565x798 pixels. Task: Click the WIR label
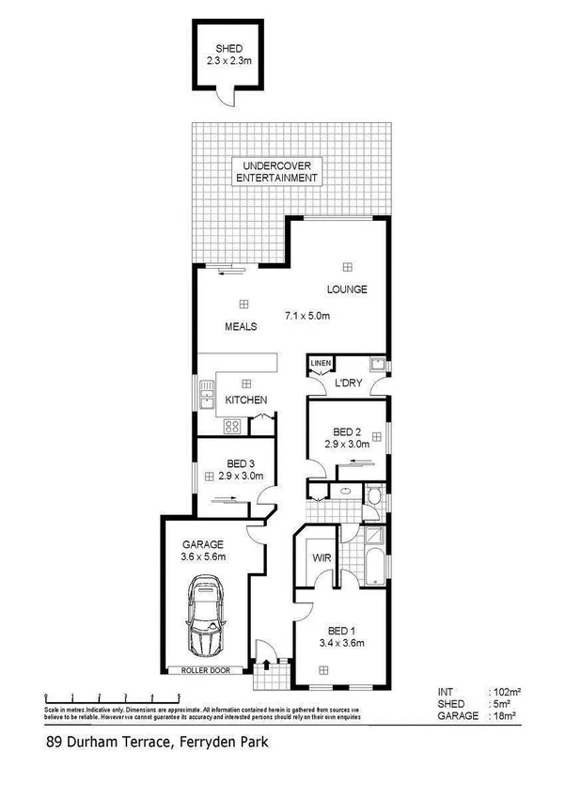pos(319,557)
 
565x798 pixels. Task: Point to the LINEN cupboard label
pos(321,363)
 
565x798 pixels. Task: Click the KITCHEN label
pos(246,400)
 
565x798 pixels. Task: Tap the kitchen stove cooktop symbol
pos(232,426)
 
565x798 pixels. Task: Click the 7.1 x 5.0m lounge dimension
pos(307,316)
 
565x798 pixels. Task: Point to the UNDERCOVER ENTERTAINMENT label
pos(275,172)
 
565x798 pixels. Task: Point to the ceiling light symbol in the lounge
pos(348,265)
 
